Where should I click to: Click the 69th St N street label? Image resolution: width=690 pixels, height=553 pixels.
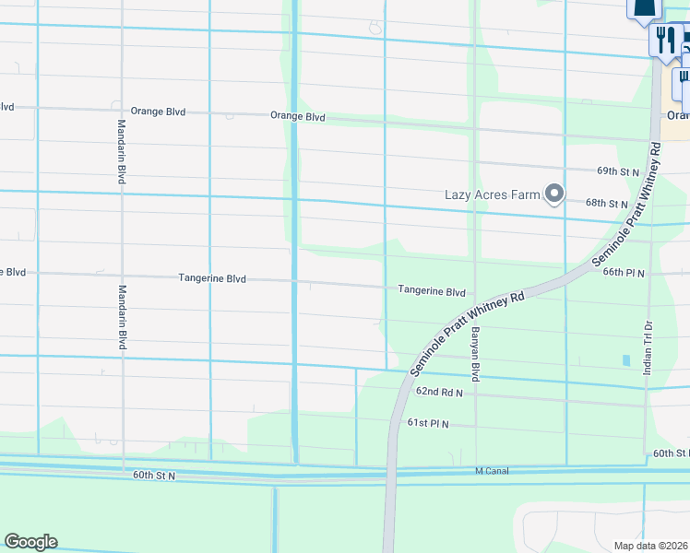click(617, 171)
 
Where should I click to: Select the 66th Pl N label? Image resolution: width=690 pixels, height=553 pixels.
click(625, 273)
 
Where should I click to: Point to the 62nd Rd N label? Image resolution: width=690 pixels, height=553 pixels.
click(438, 392)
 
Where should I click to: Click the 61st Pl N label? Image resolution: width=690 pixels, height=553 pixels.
click(427, 423)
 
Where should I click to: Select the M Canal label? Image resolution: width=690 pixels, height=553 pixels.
click(492, 471)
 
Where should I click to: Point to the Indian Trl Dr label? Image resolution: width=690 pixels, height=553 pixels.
click(648, 347)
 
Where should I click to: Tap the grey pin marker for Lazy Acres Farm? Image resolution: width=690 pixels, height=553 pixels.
click(554, 194)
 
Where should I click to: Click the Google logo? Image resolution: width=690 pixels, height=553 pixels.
click(30, 542)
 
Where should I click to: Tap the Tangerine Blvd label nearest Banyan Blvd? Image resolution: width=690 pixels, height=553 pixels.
click(431, 291)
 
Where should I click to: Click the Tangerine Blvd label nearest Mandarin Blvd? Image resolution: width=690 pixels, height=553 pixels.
click(212, 278)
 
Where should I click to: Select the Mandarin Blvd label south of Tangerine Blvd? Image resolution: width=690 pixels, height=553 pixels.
click(121, 316)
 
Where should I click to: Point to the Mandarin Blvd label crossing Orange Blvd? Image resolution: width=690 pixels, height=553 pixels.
click(121, 152)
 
